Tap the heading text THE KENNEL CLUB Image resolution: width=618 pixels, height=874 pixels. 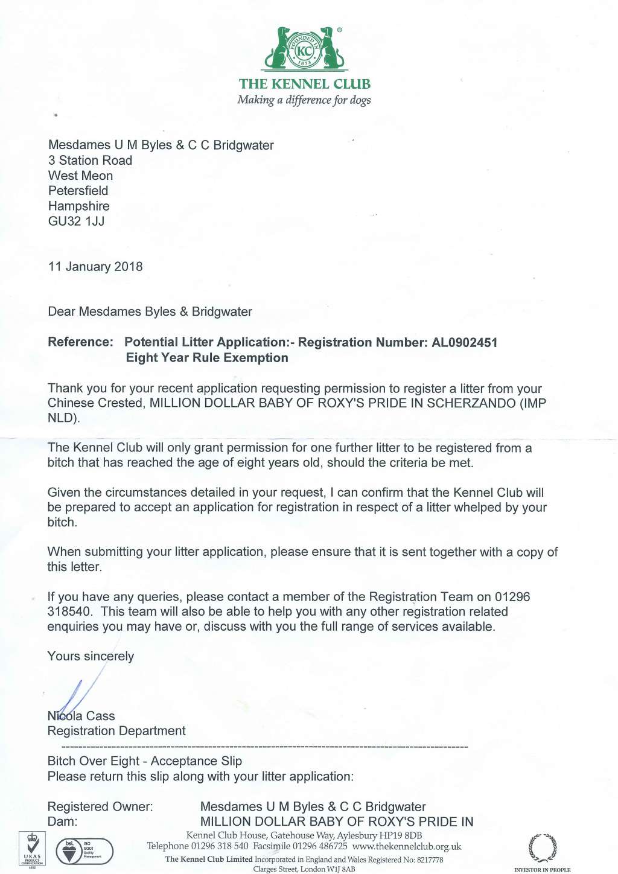coord(305,84)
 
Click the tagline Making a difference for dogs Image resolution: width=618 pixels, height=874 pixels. coord(304,100)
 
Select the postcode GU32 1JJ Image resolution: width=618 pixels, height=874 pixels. coord(76,222)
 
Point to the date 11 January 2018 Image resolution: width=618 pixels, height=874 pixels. coord(95,267)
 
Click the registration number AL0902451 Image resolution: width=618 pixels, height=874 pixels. coord(464,343)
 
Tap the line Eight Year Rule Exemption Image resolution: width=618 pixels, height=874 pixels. coord(207,358)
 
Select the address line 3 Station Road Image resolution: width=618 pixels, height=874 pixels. coord(90,161)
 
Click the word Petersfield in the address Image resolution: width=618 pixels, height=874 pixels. coord(78,191)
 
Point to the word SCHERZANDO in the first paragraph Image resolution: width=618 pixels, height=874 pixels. coord(471,403)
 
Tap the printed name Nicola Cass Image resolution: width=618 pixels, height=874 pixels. coord(81,716)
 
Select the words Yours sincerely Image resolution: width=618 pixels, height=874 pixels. coord(91,656)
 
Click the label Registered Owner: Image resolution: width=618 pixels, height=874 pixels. coord(100,807)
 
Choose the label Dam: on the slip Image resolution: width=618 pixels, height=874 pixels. coord(62,821)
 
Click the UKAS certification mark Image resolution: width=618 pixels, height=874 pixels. coord(32,849)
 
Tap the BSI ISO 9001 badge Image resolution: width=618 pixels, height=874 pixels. coord(84,851)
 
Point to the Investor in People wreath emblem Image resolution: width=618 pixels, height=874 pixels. coord(542,847)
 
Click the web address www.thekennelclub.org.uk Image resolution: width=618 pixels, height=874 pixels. coord(407,846)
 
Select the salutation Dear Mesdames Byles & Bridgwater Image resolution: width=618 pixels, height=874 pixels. coord(150,312)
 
